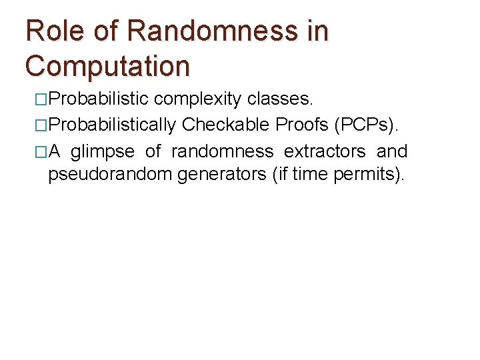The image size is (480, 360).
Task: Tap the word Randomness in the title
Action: [x=211, y=31]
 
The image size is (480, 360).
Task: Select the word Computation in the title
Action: [x=107, y=66]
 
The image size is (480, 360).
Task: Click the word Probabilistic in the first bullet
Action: [x=99, y=99]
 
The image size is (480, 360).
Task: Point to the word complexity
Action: [x=198, y=99]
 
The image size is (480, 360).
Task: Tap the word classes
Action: [x=279, y=99]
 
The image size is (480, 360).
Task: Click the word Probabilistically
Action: [x=113, y=125]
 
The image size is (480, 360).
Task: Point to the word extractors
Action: [x=325, y=152]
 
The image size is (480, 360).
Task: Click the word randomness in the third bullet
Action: [x=222, y=152]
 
